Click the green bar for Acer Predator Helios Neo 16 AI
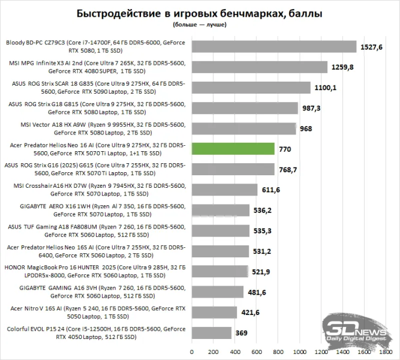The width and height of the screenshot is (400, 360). point(233,149)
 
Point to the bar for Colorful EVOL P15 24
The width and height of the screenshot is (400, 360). point(211,332)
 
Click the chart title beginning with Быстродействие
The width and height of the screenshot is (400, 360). point(200,13)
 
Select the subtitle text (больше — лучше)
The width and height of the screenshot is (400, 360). point(200,26)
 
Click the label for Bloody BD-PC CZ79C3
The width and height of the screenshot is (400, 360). point(96,47)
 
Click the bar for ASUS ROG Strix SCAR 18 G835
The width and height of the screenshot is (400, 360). point(251,88)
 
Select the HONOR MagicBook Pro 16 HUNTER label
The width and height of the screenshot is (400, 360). point(96,271)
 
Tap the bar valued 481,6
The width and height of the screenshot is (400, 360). point(217,292)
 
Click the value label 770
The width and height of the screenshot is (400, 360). point(286,149)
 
